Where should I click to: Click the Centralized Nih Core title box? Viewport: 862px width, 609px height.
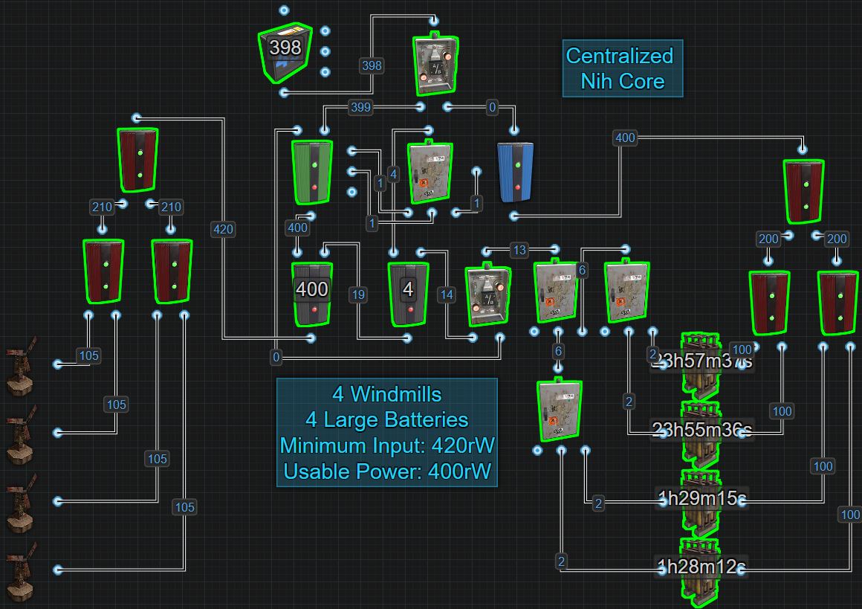tap(621, 68)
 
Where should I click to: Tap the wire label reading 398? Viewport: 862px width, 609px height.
tap(371, 65)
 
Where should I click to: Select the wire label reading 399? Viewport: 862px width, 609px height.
tap(360, 107)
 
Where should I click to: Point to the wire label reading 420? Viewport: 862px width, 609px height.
tap(223, 229)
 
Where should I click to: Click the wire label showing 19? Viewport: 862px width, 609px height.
tap(358, 294)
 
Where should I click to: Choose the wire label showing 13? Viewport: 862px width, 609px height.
tap(519, 248)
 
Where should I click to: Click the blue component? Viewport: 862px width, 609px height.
tap(516, 172)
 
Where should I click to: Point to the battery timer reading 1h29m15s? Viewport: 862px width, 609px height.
tap(701, 498)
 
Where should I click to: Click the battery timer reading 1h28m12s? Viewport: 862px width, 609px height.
tap(701, 567)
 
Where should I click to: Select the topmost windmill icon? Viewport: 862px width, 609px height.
tap(21, 364)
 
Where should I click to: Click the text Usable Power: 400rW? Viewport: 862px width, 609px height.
tap(386, 471)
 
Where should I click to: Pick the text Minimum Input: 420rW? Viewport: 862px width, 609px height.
tap(386, 445)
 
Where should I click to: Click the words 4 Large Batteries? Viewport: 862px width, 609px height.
tap(386, 419)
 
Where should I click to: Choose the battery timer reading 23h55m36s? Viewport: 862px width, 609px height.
tap(701, 430)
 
